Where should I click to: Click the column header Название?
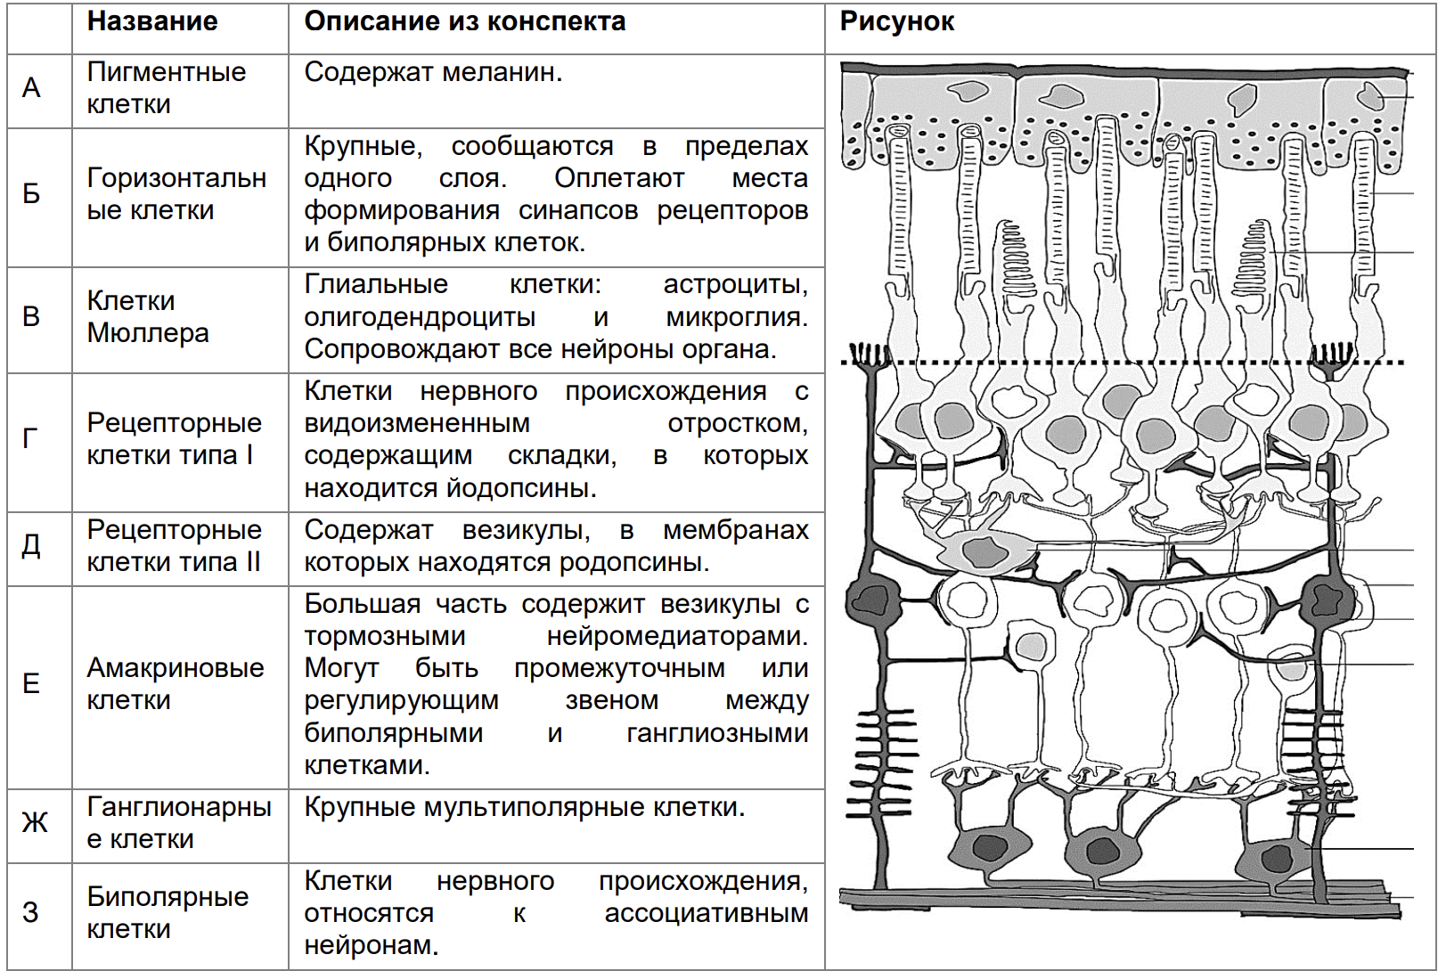[152, 21]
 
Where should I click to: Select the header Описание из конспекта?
[464, 21]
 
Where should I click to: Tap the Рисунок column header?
[896, 21]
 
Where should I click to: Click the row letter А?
[31, 88]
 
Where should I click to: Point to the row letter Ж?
[35, 822]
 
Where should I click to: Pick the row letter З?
[31, 912]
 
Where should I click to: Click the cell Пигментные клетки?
[166, 87]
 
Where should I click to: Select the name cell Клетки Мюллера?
[148, 316]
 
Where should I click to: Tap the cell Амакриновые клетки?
[175, 683]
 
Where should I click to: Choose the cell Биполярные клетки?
[167, 912]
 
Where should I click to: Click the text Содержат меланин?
[433, 72]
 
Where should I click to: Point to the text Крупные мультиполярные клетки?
[524, 807]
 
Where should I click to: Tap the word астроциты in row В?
[735, 284]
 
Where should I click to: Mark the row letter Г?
[31, 438]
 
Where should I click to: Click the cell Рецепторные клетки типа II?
[174, 545]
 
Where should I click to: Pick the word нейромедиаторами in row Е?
[676, 636]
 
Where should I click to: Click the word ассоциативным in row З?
[706, 913]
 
